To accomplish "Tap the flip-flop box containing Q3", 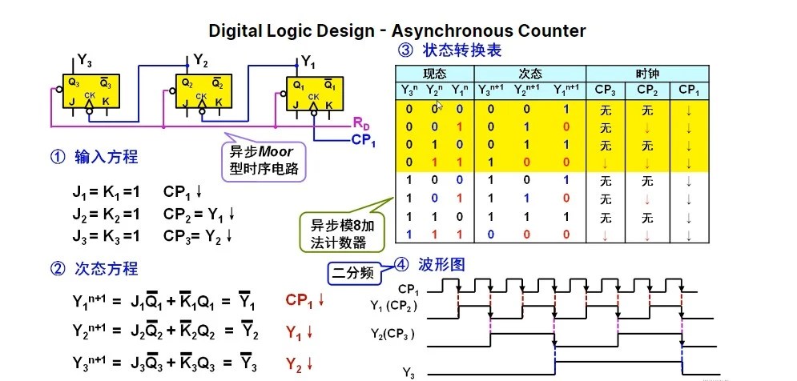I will click(x=89, y=94).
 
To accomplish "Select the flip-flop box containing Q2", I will click(x=202, y=94).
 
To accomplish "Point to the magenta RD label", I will click(x=361, y=124).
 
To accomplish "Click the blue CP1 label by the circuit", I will click(x=363, y=140).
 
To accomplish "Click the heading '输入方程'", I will click(x=95, y=157).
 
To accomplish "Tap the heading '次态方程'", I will click(x=95, y=269).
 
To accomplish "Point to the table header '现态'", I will click(x=434, y=73).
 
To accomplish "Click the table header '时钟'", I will click(x=648, y=73).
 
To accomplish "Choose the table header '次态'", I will click(x=530, y=73).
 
